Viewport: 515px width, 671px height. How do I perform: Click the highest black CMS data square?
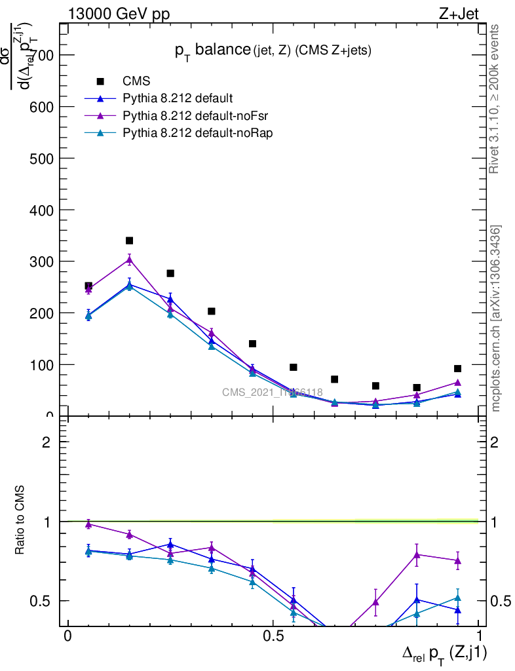[130, 240]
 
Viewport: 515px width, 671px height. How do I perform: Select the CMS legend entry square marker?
[101, 81]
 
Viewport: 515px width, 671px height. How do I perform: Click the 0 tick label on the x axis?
[67, 636]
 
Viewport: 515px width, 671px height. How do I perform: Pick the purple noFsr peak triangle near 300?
[130, 259]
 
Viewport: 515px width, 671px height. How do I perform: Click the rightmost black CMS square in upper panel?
[457, 369]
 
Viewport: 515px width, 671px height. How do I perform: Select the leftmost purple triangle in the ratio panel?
[88, 524]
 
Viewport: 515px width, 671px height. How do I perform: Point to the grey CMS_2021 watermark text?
[272, 393]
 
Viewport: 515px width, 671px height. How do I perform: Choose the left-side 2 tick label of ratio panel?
[47, 442]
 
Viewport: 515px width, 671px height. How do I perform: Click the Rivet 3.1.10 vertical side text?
[496, 98]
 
